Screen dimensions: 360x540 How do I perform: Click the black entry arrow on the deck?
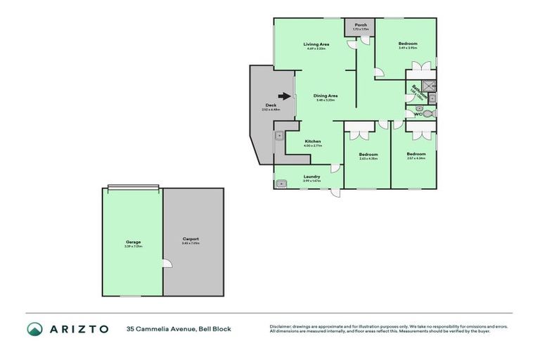tap(283, 97)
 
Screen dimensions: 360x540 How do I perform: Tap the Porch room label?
tap(360, 25)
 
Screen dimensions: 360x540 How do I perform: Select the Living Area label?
tap(316, 44)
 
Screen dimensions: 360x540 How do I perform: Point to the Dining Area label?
tap(326, 96)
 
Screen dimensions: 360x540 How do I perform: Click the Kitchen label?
tap(313, 141)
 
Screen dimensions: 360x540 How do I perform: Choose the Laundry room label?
tap(311, 176)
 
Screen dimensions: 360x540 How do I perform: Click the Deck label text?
tap(271, 105)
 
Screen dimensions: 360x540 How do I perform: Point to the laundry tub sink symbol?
tap(282, 184)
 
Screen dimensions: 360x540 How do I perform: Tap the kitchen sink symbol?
tap(279, 133)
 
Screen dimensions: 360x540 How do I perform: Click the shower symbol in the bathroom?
tap(430, 86)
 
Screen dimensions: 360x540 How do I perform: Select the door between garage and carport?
tap(167, 264)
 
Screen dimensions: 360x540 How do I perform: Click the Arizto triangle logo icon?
tap(35, 328)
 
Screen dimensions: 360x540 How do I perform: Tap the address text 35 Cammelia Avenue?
tap(160, 328)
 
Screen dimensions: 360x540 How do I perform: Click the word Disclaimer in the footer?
tap(281, 326)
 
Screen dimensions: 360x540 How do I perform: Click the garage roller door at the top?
tap(133, 187)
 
